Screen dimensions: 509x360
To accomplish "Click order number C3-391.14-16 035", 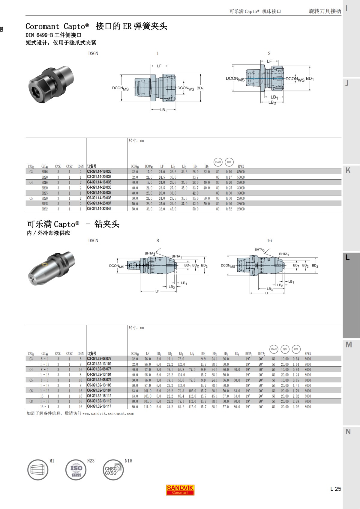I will tap(99, 171).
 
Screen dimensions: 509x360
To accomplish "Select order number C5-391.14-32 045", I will tap(99, 209).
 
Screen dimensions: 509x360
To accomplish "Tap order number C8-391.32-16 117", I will tap(99, 406).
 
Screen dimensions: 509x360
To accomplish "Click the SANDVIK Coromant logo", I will tap(180, 490).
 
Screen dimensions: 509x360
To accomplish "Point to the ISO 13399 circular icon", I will tap(76, 470).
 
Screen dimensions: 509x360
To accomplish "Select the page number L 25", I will tap(335, 489).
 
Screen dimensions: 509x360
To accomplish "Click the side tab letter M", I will tap(348, 345).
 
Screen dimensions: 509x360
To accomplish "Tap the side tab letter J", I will tap(347, 83).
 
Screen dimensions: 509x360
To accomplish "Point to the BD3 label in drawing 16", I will tap(315, 266).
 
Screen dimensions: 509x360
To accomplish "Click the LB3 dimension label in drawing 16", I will tap(270, 289).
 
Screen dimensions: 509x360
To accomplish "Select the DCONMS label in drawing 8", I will tap(116, 266).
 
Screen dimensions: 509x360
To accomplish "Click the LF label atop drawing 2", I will tap(269, 61).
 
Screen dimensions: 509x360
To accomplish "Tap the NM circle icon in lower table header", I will tap(285, 349).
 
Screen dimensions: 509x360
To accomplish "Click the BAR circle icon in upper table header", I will tap(218, 162).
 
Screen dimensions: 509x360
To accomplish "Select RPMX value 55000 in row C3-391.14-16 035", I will tap(241, 172).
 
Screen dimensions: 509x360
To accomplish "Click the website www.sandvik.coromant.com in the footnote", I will tap(108, 413).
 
